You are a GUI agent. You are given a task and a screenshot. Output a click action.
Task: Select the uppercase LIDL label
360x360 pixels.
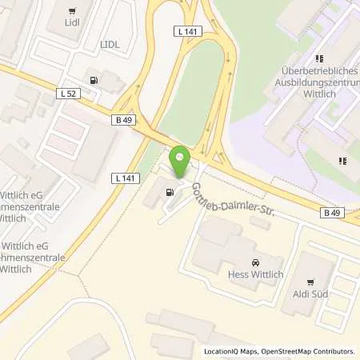pos(110,44)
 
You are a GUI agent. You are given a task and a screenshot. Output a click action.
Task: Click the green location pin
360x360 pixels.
pos(181,162)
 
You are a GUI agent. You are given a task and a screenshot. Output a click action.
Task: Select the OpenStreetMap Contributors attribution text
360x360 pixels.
pos(307,351)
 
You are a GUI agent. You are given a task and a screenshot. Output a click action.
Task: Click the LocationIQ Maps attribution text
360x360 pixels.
pos(230,351)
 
